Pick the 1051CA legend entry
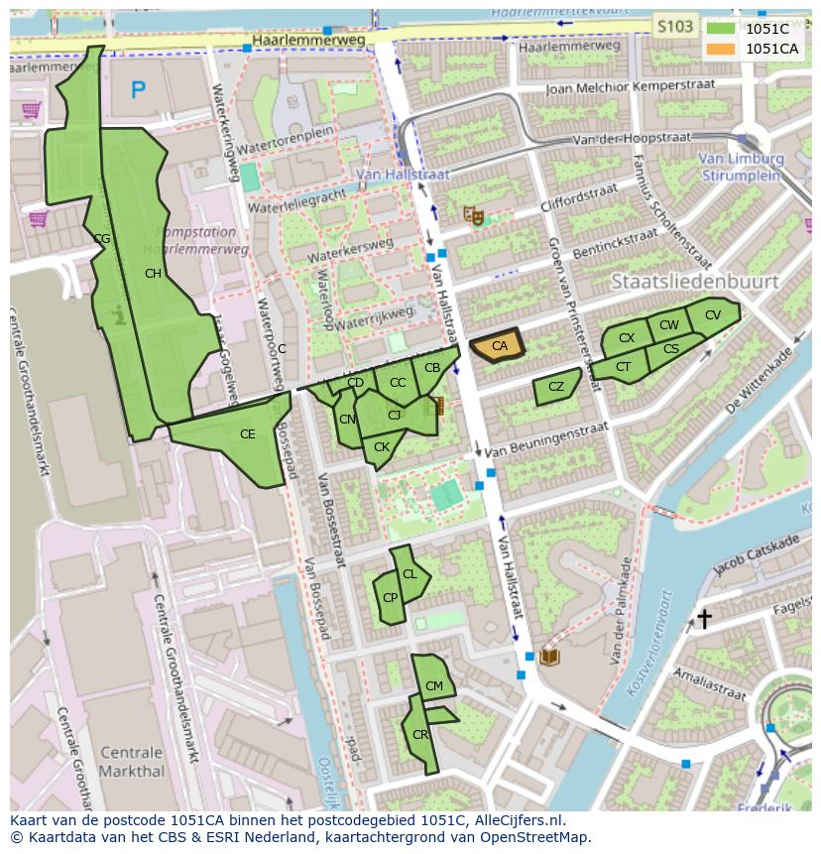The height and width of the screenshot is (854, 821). (754, 49)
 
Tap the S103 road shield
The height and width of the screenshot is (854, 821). (675, 27)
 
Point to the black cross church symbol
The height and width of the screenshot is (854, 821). (704, 619)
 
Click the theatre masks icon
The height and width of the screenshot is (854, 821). (474, 214)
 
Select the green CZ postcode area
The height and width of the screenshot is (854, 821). (555, 387)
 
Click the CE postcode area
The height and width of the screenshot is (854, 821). (247, 434)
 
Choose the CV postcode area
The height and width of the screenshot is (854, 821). (712, 315)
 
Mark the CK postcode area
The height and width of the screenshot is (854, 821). (382, 448)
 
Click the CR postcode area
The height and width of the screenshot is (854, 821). (420, 735)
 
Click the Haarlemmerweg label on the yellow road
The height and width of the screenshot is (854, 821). (308, 40)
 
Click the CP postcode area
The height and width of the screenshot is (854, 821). (390, 598)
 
